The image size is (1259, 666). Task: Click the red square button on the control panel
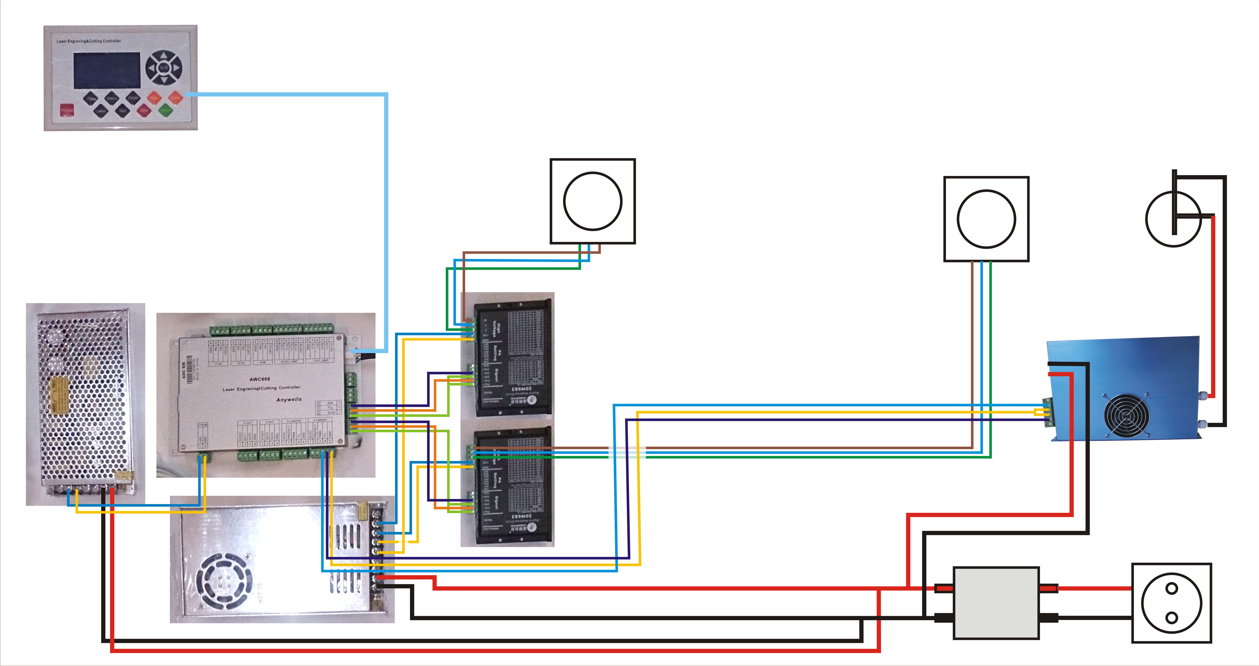coord(67,111)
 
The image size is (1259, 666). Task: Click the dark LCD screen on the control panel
coord(107,70)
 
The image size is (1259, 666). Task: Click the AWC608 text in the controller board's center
coord(259,379)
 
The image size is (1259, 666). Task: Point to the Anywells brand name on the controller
coord(289,400)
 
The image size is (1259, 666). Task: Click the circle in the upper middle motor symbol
coord(592,201)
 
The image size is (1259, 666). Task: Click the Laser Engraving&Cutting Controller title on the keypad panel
coord(89,41)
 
